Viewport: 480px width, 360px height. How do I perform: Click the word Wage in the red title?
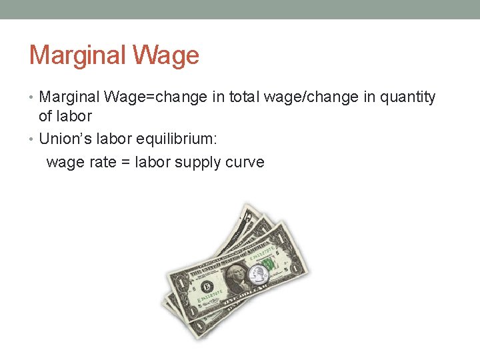[166, 55]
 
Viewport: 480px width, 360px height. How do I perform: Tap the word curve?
[245, 162]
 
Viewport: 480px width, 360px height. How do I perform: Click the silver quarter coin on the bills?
[257, 274]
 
